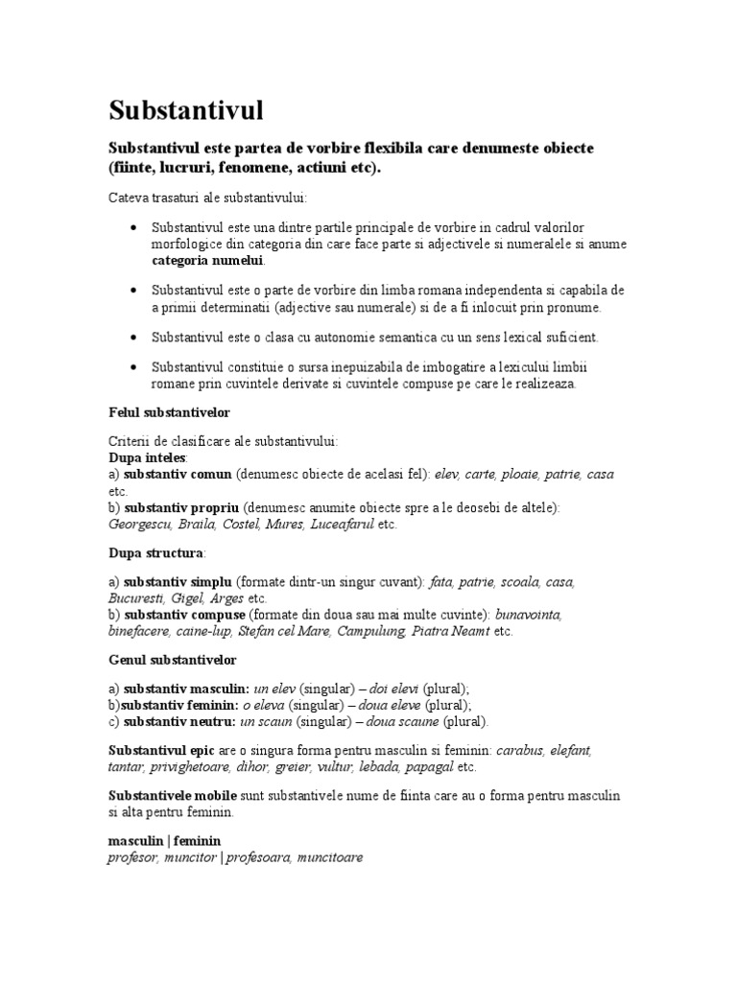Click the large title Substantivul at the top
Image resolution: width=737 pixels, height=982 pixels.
pyautogui.click(x=185, y=110)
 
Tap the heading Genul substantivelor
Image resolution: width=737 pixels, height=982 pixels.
pyautogui.click(x=172, y=661)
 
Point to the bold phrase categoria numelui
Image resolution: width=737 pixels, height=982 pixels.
pyautogui.click(x=206, y=260)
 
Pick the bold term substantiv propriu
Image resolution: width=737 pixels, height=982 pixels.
pyautogui.click(x=181, y=507)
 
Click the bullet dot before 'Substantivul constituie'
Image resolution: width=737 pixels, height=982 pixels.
pyautogui.click(x=131, y=367)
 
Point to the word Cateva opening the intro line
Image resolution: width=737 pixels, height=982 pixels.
pyautogui.click(x=129, y=198)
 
